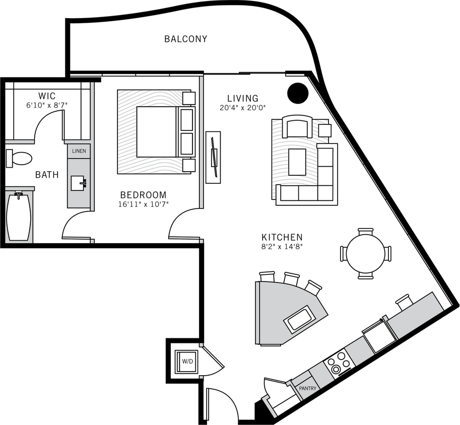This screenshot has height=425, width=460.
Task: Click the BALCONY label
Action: tap(185, 39)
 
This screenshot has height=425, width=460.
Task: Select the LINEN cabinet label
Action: tap(79, 151)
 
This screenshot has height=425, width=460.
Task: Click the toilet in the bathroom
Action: tap(19, 158)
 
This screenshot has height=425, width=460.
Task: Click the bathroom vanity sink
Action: tap(79, 183)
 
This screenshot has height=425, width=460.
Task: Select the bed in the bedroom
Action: tap(156, 131)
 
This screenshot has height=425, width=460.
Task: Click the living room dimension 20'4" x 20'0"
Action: tap(242, 107)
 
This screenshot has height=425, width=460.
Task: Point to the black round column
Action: tap(298, 92)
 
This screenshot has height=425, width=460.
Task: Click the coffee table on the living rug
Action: tap(297, 162)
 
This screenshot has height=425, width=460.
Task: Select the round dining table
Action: tap(366, 253)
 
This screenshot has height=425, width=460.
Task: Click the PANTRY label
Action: tap(307, 388)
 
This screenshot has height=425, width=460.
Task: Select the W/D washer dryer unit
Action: tap(187, 361)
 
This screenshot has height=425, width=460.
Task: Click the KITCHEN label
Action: tap(282, 237)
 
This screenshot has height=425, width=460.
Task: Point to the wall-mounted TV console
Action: tap(213, 157)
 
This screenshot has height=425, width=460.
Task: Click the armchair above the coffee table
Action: tap(297, 127)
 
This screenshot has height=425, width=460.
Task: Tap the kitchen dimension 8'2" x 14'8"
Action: tap(282, 247)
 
